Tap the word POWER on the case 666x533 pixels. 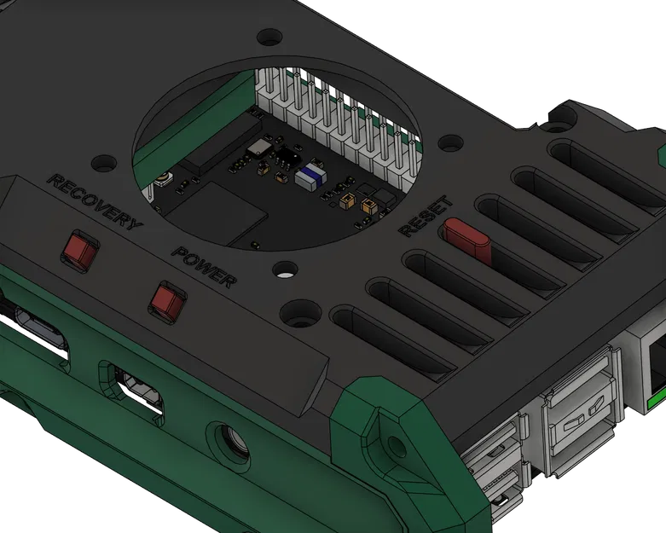click(x=204, y=267)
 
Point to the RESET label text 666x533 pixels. click(x=426, y=216)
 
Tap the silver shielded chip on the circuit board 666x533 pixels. click(x=256, y=148)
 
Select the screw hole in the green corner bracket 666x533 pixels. click(x=395, y=443)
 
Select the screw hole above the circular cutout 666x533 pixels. click(x=269, y=38)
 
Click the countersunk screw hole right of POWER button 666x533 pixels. click(x=299, y=314)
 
